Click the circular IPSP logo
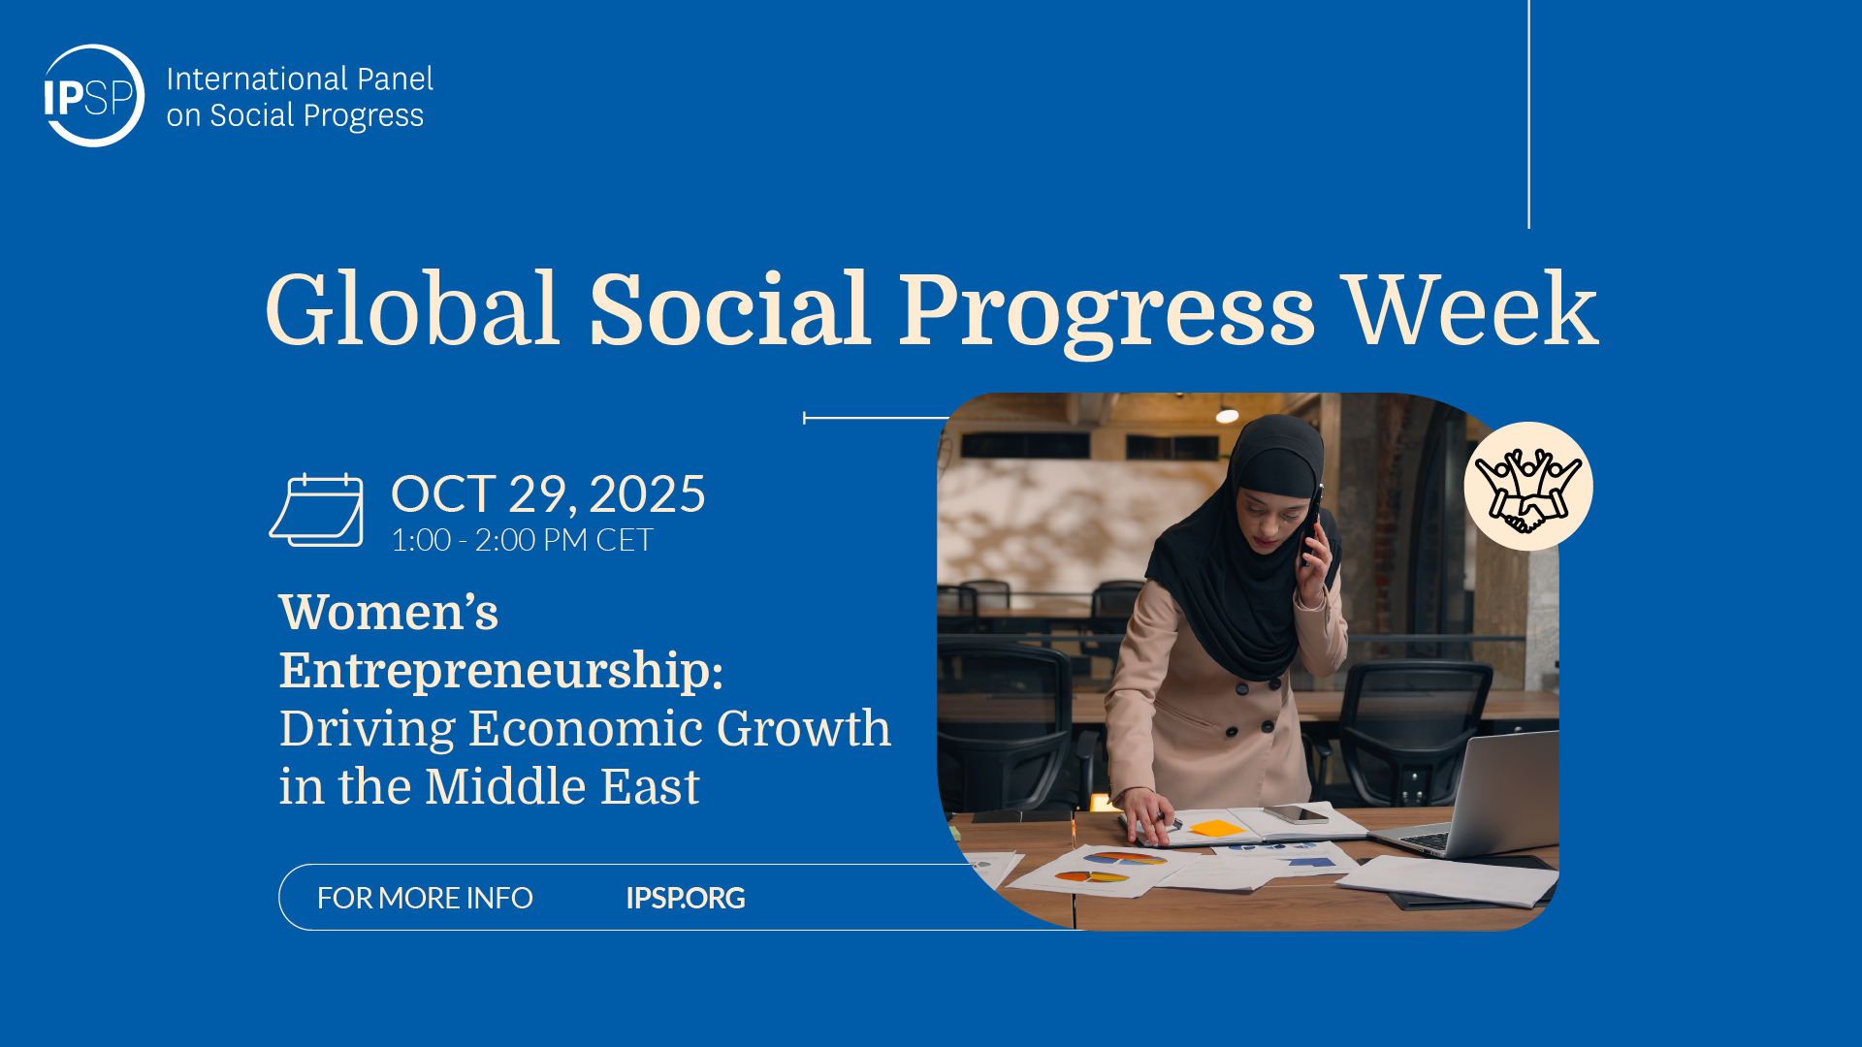pos(94,96)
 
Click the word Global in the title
pos(412,309)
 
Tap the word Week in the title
pos(1471,309)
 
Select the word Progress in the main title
pos(1106,313)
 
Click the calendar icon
pos(316,510)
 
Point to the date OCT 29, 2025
pos(548,494)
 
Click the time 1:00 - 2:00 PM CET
pos(522,540)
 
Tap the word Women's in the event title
pos(389,613)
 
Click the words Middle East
pos(562,786)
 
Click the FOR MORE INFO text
pos(425,899)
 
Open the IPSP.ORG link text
pos(686,899)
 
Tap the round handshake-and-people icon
pos(1528,487)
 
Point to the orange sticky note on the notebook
pos(1216,828)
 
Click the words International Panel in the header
pos(300,79)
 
